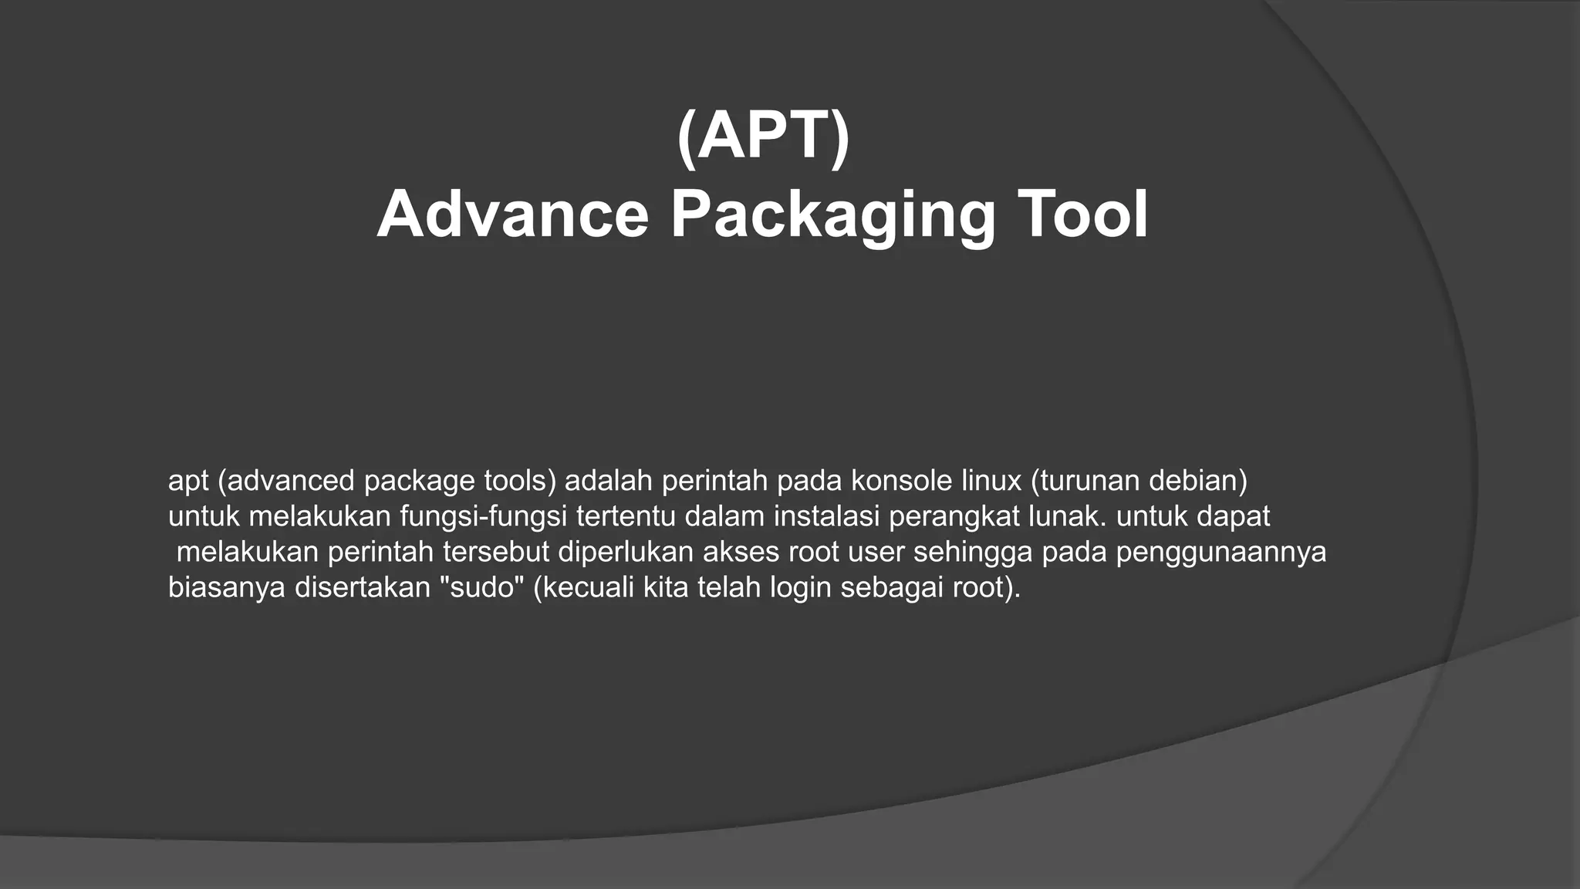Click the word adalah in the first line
(x=609, y=481)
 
